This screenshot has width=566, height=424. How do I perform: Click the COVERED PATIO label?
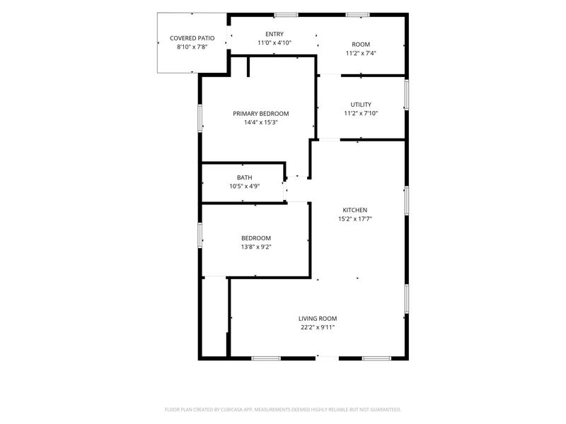tap(192, 38)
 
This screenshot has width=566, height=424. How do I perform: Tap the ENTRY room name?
tap(275, 34)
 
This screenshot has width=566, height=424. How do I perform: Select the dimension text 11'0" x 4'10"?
tap(275, 43)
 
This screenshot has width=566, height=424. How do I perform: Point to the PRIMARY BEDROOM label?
tap(260, 114)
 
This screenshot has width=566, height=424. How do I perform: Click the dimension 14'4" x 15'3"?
tap(260, 122)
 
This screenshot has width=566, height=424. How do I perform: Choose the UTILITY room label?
tap(361, 105)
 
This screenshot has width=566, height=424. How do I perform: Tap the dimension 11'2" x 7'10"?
tap(361, 113)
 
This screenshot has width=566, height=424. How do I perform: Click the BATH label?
tap(244, 177)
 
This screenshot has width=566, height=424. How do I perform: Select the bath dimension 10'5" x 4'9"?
tap(244, 187)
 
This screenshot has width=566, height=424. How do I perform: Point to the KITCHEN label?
tap(355, 210)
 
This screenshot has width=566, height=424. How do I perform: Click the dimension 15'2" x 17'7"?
tap(355, 219)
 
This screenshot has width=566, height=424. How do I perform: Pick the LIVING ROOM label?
tap(318, 319)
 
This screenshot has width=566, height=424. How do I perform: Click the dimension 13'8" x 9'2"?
tap(256, 247)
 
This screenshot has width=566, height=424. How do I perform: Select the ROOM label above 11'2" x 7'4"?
tap(361, 45)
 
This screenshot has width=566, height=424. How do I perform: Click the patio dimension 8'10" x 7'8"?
tap(192, 47)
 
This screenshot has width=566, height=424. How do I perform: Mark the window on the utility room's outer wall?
tap(406, 95)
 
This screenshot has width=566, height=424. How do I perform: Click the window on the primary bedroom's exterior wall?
tap(200, 118)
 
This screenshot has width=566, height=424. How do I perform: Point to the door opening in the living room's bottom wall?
tap(327, 358)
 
